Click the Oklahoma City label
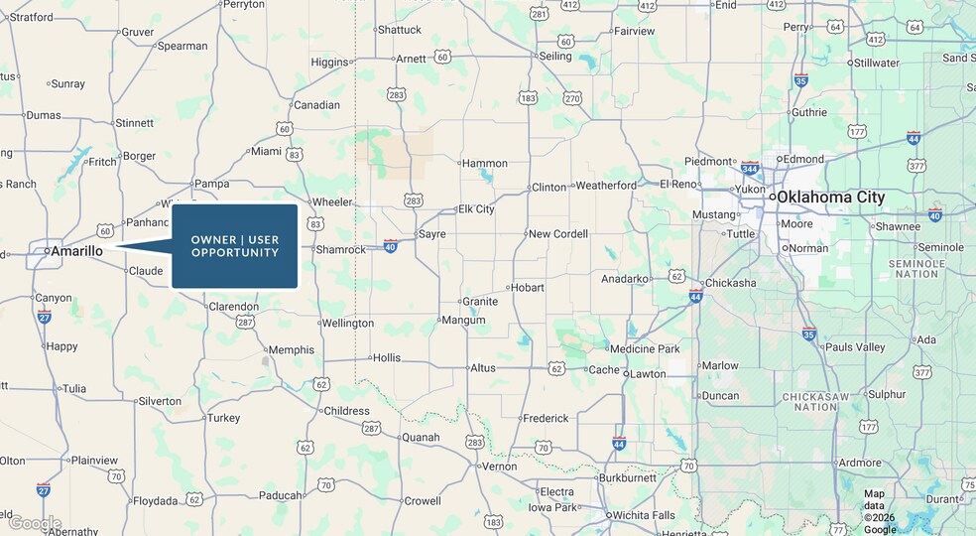tap(830, 198)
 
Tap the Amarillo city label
tap(76, 251)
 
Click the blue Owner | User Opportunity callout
tap(235, 246)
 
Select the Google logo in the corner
tap(35, 523)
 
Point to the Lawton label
tap(648, 374)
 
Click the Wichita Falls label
tap(643, 515)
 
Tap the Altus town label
tap(483, 368)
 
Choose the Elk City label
tap(476, 209)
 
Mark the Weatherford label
tap(606, 186)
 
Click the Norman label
tap(808, 248)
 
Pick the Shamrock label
tap(340, 249)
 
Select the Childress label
tap(346, 410)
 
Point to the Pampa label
tap(211, 184)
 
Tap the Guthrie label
tap(809, 112)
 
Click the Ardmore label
tap(859, 463)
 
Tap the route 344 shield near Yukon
tap(750, 167)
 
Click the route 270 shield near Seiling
tap(572, 98)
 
